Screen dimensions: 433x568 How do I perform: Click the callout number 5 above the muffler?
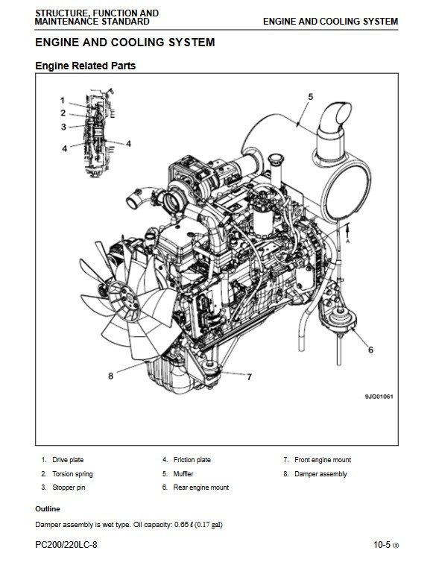[311, 97]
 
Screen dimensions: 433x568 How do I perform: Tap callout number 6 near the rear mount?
[370, 350]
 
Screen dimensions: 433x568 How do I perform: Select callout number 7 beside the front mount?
[249, 377]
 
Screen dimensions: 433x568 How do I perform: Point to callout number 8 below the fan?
[111, 376]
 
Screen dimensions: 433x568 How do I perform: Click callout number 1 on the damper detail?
[63, 101]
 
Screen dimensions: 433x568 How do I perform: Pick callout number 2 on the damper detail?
[63, 113]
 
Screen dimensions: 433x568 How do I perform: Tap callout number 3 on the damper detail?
[63, 127]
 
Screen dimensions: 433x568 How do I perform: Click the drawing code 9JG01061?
[379, 397]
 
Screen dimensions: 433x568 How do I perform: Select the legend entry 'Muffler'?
[183, 474]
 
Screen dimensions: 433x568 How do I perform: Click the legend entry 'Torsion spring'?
[72, 474]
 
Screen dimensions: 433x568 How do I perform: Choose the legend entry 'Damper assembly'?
[320, 474]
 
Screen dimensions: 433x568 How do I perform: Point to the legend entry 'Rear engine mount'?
[201, 487]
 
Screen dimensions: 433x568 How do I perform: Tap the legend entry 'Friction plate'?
[192, 460]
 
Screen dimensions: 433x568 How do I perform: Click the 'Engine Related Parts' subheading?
[86, 66]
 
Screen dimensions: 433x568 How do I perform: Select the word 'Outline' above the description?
[48, 509]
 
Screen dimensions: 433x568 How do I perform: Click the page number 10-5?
[382, 545]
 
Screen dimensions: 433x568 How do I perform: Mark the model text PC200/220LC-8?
[66, 545]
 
